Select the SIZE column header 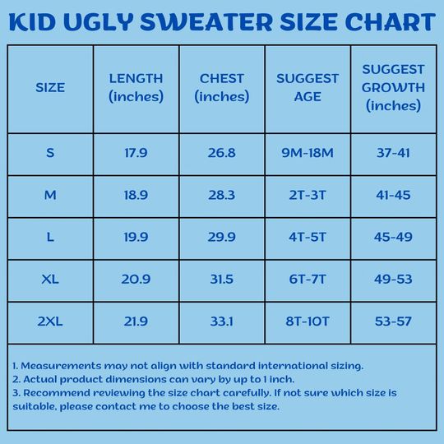(50, 87)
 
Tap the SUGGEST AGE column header (308, 87)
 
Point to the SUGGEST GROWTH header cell (393, 87)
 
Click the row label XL (50, 280)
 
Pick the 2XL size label (50, 321)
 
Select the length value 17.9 (136, 153)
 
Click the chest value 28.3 (222, 195)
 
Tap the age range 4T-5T (308, 237)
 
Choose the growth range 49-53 (393, 280)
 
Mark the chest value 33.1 (222, 321)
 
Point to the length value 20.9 (136, 280)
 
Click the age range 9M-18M (308, 153)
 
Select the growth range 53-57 (393, 321)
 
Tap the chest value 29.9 (222, 237)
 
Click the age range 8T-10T (308, 321)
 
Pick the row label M (50, 195)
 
